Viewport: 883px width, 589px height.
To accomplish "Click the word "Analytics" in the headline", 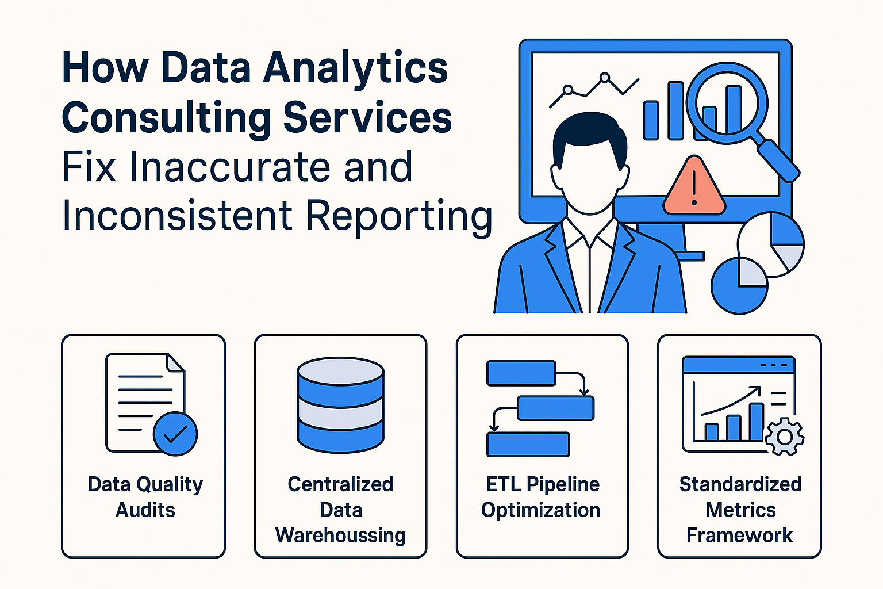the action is (x=355, y=68).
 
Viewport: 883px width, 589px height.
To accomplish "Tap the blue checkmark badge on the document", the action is (x=175, y=434).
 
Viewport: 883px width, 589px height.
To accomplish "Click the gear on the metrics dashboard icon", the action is (x=785, y=437).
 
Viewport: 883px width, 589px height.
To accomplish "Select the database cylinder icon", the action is (x=340, y=405).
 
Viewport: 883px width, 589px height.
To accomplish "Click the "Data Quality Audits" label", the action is (x=145, y=497).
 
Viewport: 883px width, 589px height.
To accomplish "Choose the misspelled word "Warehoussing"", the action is (x=340, y=536).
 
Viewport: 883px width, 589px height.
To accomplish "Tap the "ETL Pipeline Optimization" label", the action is (x=541, y=497).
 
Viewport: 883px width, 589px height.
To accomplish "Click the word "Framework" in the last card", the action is (x=739, y=535).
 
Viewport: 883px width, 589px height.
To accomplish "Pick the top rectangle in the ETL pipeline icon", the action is (x=521, y=373).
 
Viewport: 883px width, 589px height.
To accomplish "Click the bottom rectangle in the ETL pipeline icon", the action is (x=528, y=445).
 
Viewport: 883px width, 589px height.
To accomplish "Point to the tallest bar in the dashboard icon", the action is (x=757, y=422).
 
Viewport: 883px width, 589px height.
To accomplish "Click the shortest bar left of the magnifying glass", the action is (x=651, y=120).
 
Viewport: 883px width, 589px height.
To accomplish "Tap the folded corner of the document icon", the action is (x=175, y=362).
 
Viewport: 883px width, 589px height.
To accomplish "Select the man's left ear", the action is (x=556, y=178).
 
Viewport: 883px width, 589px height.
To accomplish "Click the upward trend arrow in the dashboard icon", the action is (x=731, y=401).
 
